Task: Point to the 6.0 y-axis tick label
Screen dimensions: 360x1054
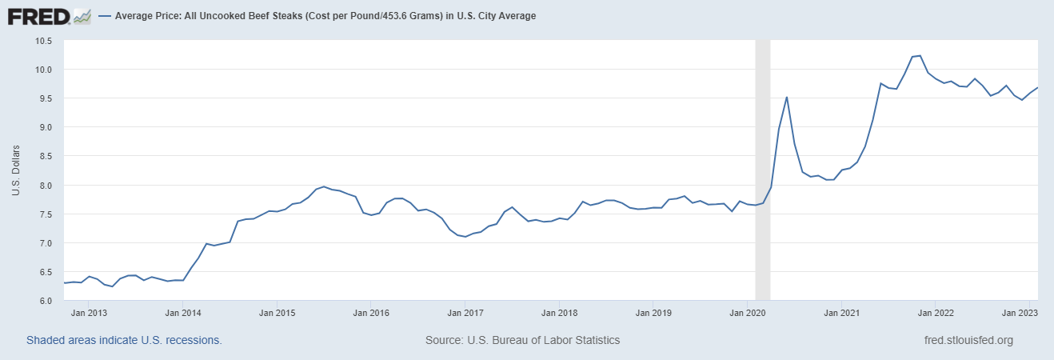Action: [44, 301]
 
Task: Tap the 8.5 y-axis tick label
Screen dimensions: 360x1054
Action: [44, 156]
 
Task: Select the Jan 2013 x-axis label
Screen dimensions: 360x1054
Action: [89, 314]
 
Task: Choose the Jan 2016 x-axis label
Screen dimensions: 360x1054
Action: [371, 314]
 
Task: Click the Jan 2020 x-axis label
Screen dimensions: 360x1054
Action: [747, 314]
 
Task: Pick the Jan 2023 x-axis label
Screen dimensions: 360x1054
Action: [1020, 314]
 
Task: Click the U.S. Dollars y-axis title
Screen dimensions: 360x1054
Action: [16, 170]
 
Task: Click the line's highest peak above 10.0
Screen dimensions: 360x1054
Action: [920, 56]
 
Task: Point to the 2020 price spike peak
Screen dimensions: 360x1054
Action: [787, 98]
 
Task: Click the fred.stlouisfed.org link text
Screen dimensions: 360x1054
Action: [968, 340]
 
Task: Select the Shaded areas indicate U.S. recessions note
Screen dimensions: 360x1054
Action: [124, 340]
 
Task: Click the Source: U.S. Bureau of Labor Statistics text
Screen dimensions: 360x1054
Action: [523, 340]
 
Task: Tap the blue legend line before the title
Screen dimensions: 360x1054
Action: [105, 16]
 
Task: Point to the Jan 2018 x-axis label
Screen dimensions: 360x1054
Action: [559, 314]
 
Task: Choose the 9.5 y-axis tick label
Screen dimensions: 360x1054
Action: [44, 98]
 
